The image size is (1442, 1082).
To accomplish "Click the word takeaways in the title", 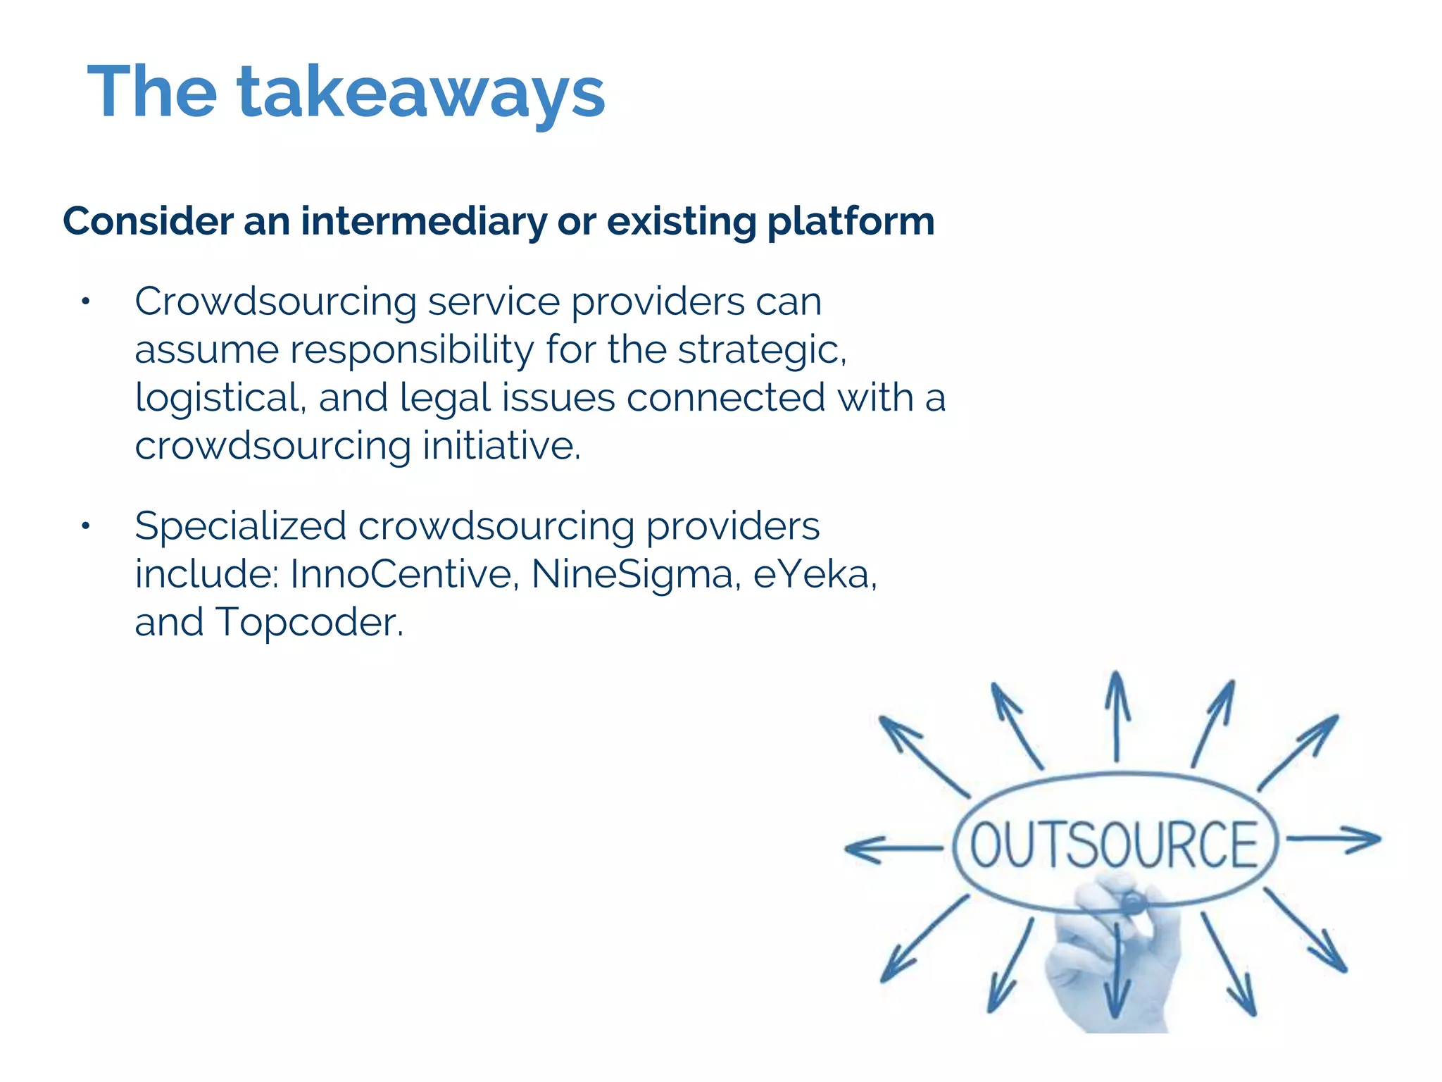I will click(421, 93).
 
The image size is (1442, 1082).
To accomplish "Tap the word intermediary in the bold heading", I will click(423, 221).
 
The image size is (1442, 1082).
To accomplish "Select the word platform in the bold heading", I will click(851, 221).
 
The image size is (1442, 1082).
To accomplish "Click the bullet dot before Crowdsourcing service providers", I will click(85, 303).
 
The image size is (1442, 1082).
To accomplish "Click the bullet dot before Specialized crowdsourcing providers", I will click(85, 527).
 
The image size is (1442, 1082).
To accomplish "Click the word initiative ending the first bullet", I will click(501, 446).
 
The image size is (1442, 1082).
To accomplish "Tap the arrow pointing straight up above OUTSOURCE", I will click(1117, 715).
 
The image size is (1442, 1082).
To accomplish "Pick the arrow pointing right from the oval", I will click(1334, 839).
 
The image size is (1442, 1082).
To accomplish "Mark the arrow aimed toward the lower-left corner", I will click(922, 940).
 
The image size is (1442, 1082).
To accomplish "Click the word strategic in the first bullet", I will click(762, 350).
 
